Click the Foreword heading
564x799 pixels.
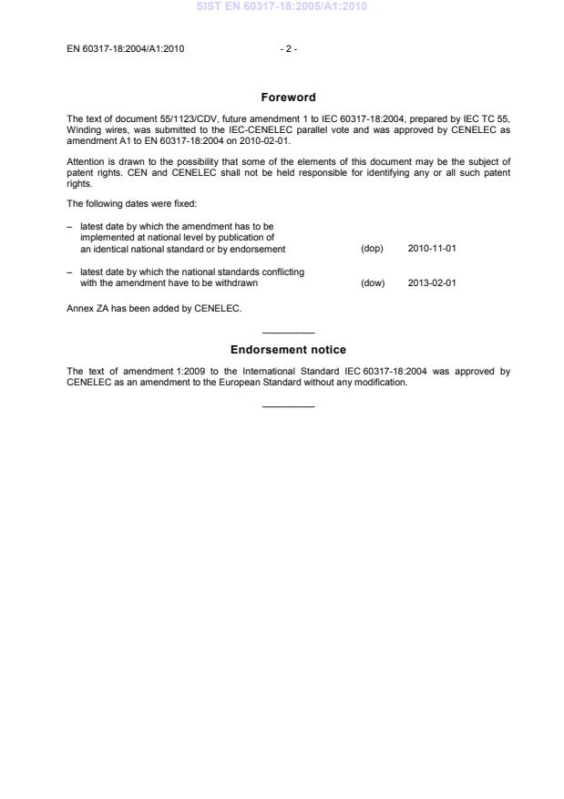tap(288, 97)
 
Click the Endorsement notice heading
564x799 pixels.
tap(288, 350)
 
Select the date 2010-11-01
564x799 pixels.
tap(432, 249)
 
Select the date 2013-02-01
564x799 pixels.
tap(432, 282)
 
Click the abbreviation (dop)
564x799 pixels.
tap(372, 249)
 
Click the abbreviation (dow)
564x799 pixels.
tap(373, 282)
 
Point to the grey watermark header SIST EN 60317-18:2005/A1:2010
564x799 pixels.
tap(282, 7)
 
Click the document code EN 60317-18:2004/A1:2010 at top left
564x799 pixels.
tap(126, 49)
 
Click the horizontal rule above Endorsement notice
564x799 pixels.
tap(288, 332)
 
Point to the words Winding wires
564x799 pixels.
tap(97, 128)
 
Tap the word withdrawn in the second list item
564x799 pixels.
tap(235, 282)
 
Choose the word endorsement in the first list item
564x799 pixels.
tap(259, 249)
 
